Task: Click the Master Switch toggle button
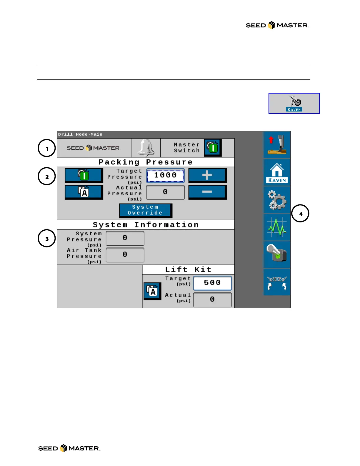pos(213,147)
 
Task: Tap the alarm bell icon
pos(146,147)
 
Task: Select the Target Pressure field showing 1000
pos(165,176)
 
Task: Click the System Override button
pos(146,210)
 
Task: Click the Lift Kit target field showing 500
pos(212,283)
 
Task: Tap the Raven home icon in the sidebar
pos(277,173)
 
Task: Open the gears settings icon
pos(277,200)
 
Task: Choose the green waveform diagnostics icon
pos(277,227)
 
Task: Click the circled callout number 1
pos(47,148)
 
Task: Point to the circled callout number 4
pos(300,214)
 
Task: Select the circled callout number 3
pos(47,238)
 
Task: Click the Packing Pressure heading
pos(146,162)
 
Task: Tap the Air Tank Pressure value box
pos(125,255)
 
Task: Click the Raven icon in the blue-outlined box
pos(294,104)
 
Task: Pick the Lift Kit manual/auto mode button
pos(152,291)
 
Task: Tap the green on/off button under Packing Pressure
pos(84,176)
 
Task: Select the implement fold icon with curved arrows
pos(277,282)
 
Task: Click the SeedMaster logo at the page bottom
pos(69,448)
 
